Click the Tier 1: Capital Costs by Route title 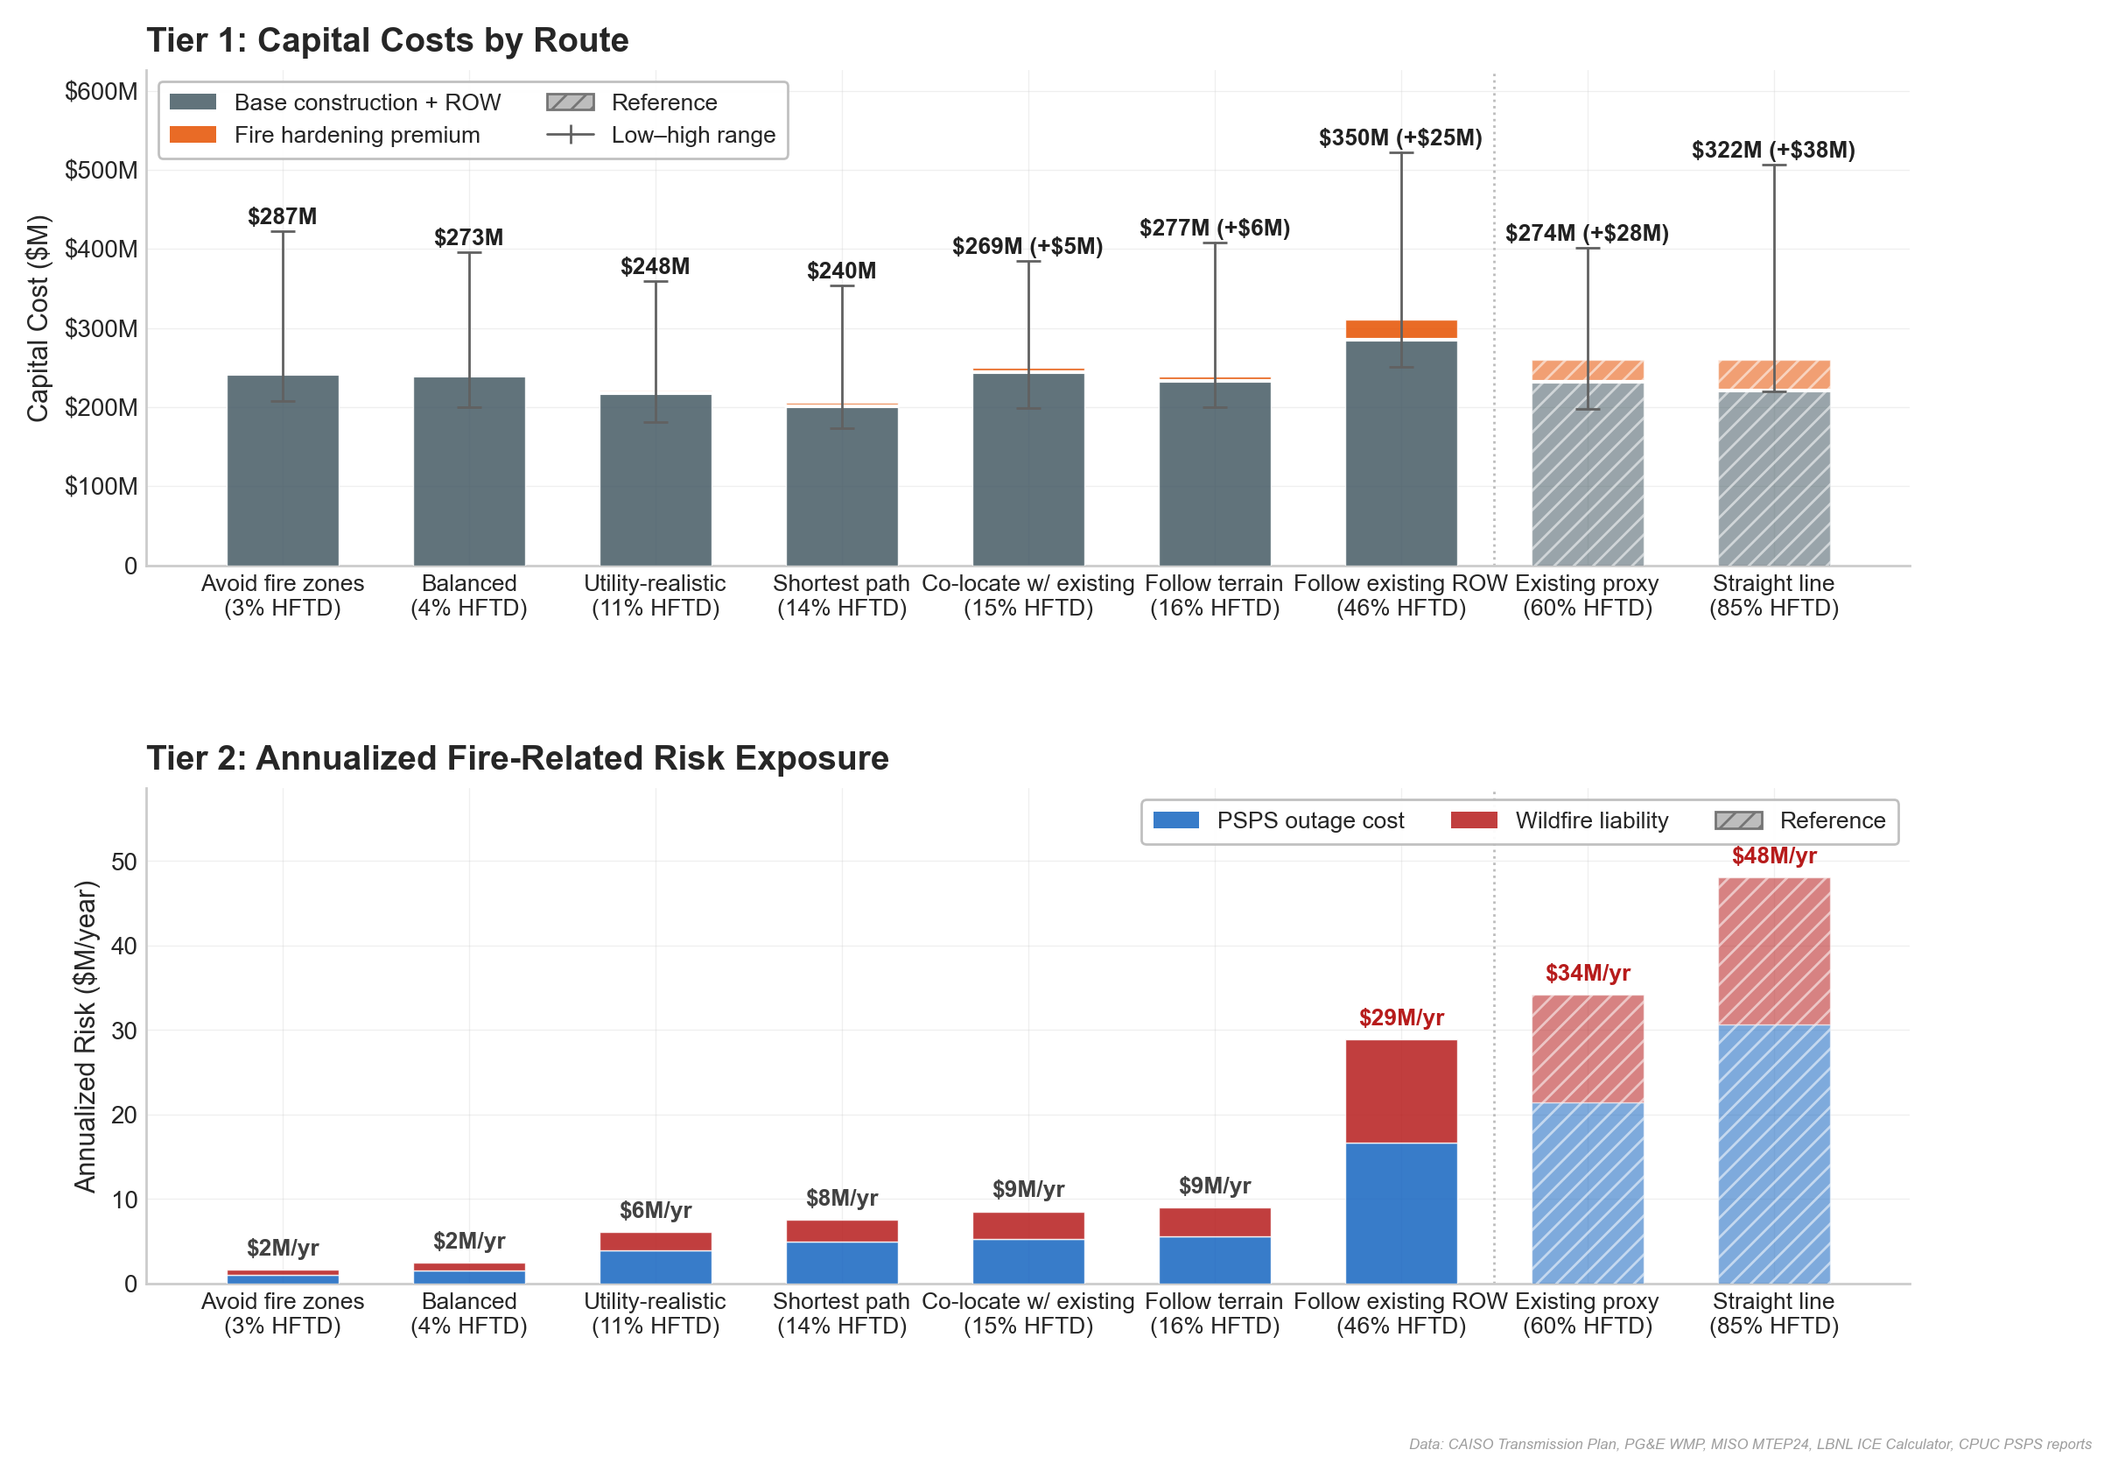388,40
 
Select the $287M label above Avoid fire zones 283,216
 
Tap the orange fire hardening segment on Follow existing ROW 1400,329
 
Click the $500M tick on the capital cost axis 101,171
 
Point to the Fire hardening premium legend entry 356,135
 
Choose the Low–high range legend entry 692,135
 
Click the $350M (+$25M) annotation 1399,137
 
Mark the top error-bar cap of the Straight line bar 1773,165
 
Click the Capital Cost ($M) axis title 37,319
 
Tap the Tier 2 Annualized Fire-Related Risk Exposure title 516,757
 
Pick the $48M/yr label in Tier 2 1773,855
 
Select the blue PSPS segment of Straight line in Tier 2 1773,1153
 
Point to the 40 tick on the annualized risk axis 123,946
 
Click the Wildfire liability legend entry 1590,820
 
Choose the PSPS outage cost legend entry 1309,820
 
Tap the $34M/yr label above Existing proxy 1587,973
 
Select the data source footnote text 1749,1444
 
